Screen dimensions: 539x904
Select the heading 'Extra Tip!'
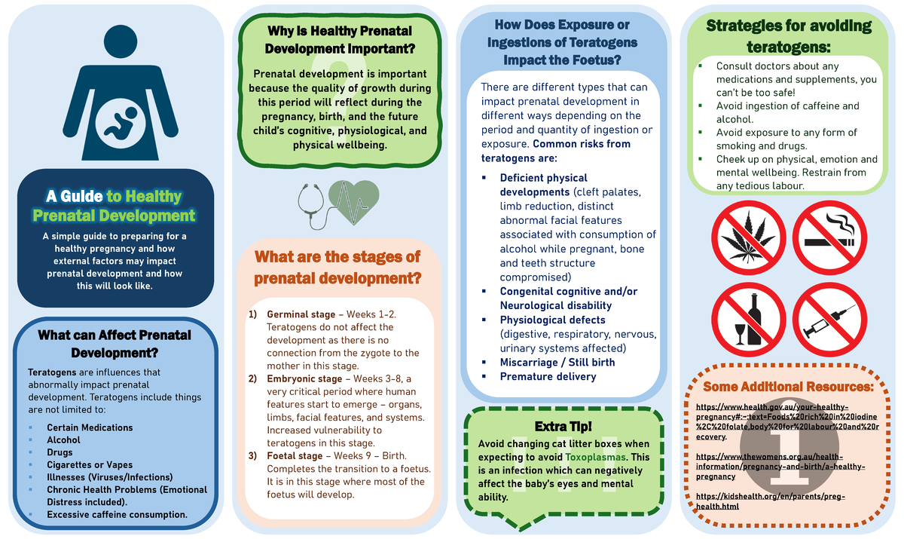coord(563,426)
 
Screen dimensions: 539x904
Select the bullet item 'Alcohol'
coord(63,440)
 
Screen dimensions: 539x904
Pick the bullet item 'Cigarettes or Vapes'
coord(90,465)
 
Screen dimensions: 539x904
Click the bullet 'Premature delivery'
coord(548,376)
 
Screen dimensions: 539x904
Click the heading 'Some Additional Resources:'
coord(788,387)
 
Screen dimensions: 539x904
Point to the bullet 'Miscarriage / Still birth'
coord(557,362)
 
